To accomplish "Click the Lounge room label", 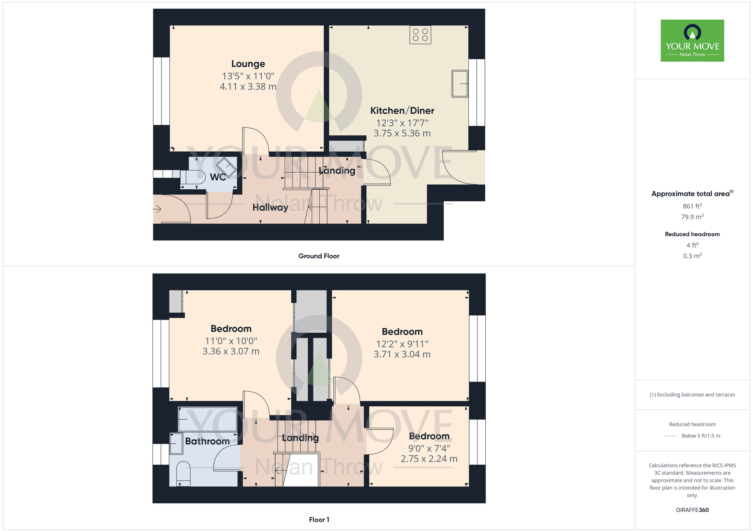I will point(248,64).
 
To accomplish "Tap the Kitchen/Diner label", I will point(402,111).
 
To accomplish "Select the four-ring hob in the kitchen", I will point(420,35).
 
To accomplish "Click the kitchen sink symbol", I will point(460,84).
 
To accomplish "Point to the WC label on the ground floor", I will point(218,177).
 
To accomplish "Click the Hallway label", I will point(270,207).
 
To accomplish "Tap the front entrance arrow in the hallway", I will point(157,209).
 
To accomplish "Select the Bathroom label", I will point(207,441).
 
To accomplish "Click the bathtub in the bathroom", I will point(207,419).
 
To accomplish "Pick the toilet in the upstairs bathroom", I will point(183,473).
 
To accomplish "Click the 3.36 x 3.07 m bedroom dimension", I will point(231,351).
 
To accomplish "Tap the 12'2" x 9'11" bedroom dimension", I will point(402,344).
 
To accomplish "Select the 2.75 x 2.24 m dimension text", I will point(429,459).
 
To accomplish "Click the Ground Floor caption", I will point(319,256).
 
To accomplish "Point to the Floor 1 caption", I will point(319,520).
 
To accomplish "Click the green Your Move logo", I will point(692,41).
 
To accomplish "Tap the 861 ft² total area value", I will point(692,206).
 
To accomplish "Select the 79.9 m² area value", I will point(692,217).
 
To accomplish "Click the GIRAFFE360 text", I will point(692,510).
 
